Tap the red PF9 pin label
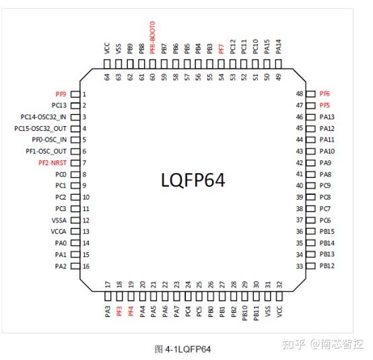click(x=61, y=94)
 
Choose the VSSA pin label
click(x=59, y=220)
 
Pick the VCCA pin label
click(x=59, y=232)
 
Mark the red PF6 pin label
click(x=325, y=94)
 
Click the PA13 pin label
click(x=327, y=117)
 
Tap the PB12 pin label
click(x=327, y=266)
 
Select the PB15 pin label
click(x=327, y=231)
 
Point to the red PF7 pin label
click(x=222, y=48)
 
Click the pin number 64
click(x=107, y=78)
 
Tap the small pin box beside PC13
click(x=74, y=106)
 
